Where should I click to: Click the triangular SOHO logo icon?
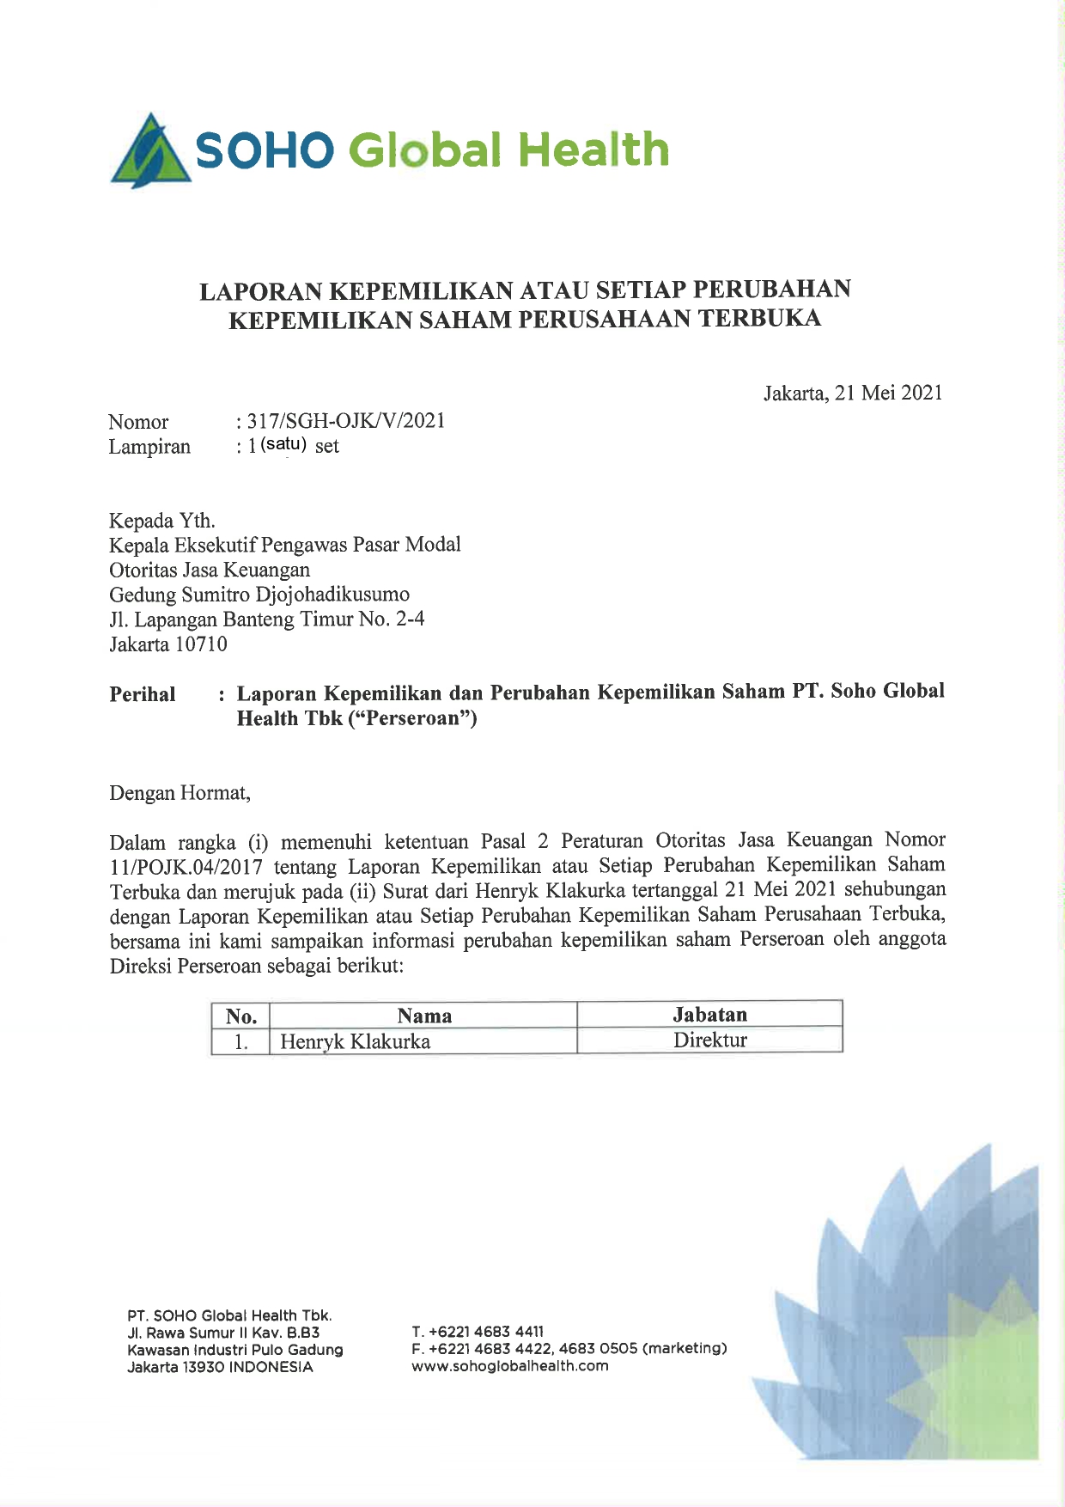150,152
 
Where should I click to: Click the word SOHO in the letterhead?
264,151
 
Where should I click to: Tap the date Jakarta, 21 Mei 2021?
853,394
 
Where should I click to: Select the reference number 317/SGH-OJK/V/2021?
346,421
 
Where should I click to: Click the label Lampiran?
149,447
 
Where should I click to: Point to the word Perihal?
143,694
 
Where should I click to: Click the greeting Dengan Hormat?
180,793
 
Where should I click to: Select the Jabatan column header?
709,1015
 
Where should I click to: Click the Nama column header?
424,1016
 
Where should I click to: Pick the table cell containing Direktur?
709,1040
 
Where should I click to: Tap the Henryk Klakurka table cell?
356,1041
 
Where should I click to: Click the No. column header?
241,1016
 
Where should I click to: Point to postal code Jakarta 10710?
168,644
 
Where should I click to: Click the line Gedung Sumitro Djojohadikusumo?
259,595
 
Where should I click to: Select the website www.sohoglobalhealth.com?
510,1366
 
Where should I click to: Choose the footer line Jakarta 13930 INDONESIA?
220,1367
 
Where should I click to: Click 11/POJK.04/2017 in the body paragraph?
186,867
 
